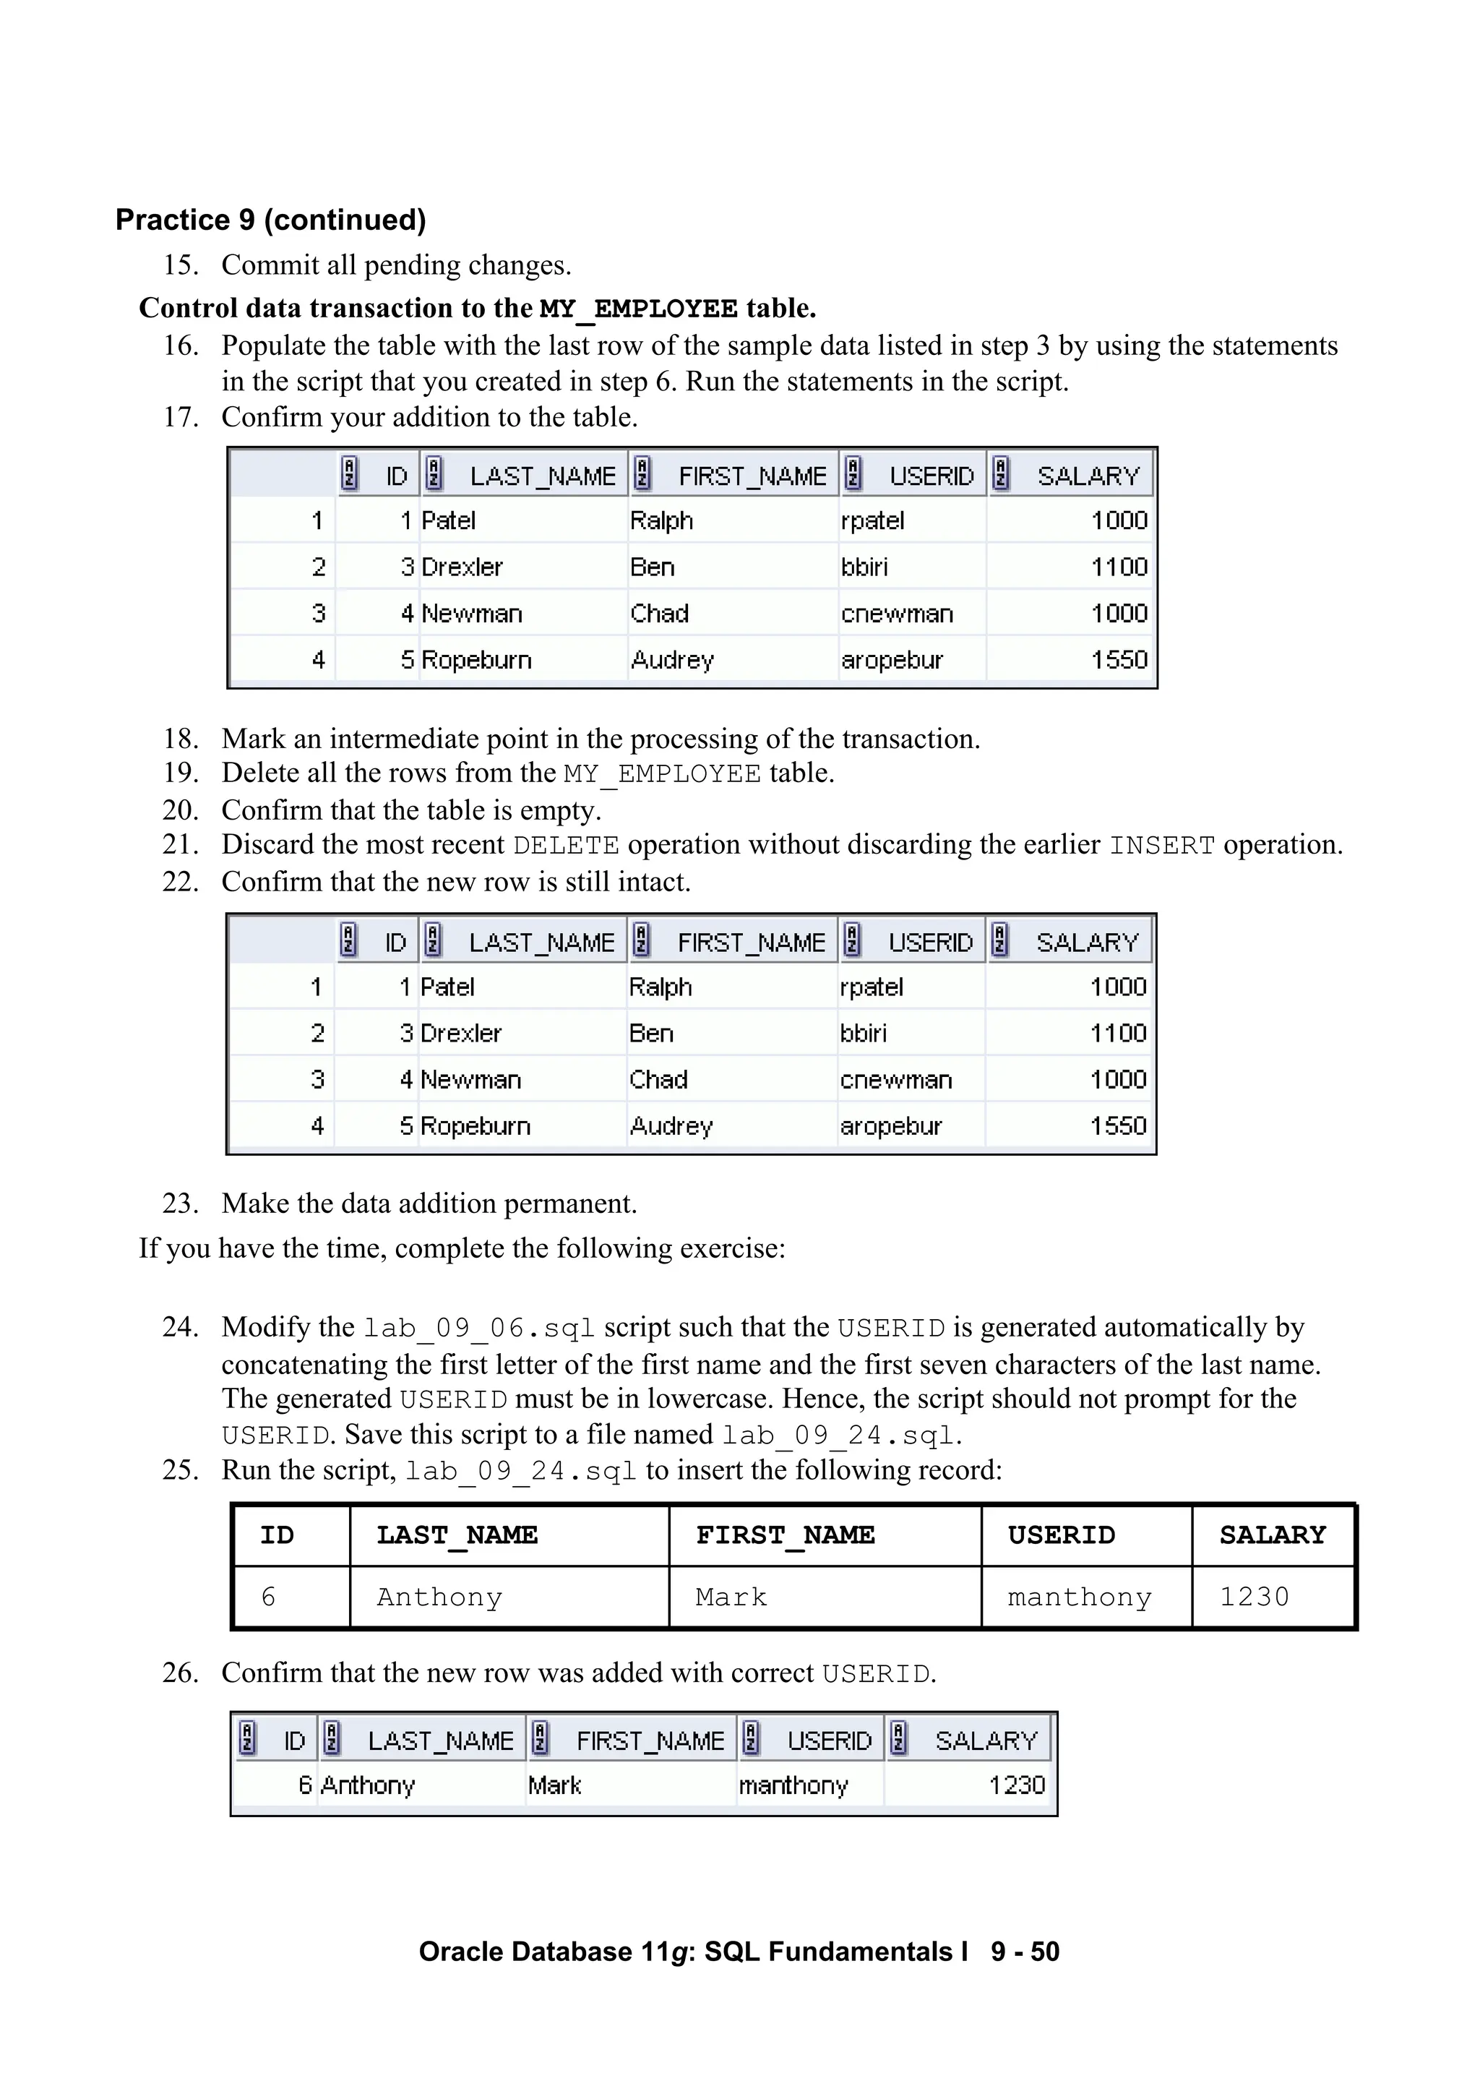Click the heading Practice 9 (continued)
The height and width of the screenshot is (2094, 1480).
271,220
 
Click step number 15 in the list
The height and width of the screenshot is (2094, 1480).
181,265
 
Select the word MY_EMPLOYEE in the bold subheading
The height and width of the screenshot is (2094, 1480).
638,309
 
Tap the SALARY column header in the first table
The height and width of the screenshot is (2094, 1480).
1088,476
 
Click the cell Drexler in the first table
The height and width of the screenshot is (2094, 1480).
462,567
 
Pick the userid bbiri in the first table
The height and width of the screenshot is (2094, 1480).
864,567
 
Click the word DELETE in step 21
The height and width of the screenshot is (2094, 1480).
565,846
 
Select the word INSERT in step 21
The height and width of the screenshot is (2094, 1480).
1162,846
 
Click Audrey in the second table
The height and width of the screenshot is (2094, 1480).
671,1126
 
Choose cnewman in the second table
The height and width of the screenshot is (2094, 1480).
895,1080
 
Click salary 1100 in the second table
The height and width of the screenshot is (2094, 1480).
1118,1034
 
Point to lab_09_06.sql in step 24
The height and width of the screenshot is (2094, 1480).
478,1329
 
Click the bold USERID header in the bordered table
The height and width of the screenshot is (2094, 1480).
1062,1535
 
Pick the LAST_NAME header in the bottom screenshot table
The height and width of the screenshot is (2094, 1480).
440,1741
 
